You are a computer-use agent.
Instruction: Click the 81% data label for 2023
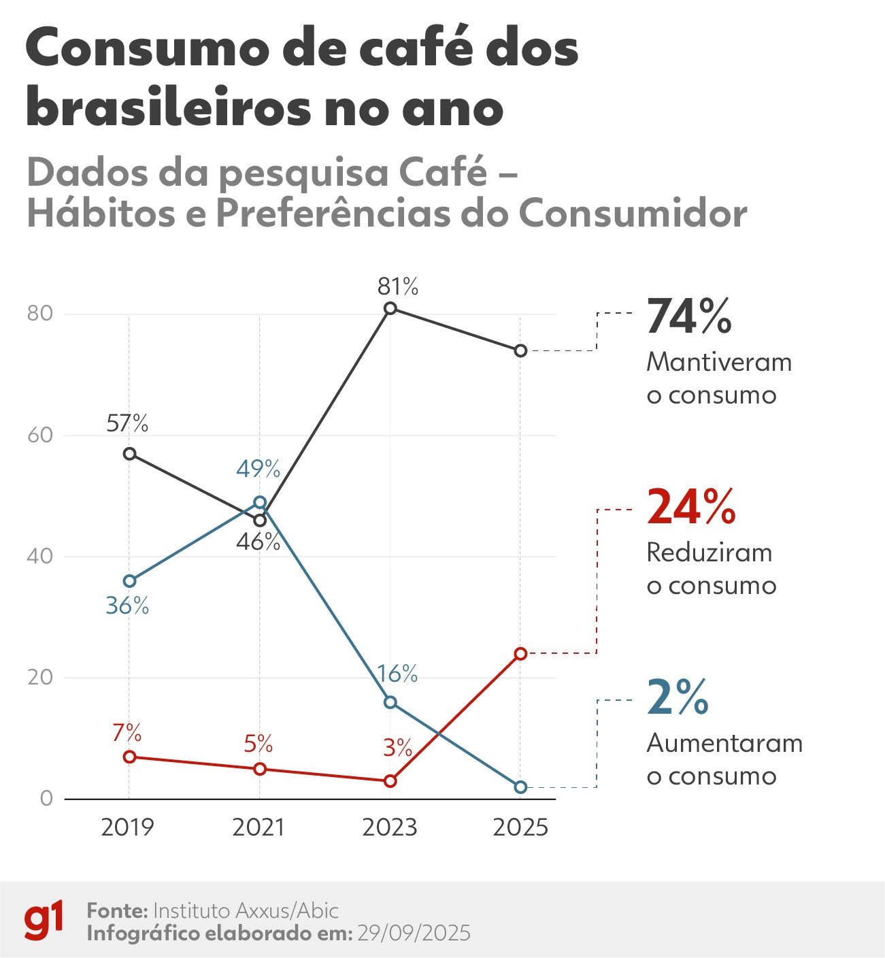(x=398, y=286)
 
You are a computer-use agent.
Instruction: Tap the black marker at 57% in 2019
(x=129, y=454)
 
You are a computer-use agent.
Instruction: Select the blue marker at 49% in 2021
(x=260, y=503)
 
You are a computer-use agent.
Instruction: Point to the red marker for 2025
(x=520, y=654)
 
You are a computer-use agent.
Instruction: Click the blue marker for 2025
(x=520, y=787)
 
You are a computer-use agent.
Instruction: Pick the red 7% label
(x=127, y=733)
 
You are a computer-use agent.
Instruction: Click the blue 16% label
(x=397, y=674)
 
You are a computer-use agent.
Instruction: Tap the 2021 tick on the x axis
(x=258, y=827)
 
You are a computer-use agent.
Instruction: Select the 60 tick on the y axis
(x=39, y=435)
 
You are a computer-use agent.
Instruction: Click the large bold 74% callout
(x=688, y=317)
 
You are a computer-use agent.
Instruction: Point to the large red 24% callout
(x=690, y=508)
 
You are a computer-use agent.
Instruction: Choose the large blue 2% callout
(x=678, y=698)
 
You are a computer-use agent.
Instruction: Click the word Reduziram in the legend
(x=709, y=552)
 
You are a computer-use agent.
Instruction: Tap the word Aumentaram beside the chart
(x=724, y=743)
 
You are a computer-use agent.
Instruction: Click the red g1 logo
(x=44, y=921)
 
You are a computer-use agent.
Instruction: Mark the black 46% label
(x=258, y=542)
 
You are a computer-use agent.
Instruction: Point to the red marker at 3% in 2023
(x=390, y=781)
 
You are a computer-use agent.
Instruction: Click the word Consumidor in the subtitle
(x=633, y=214)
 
